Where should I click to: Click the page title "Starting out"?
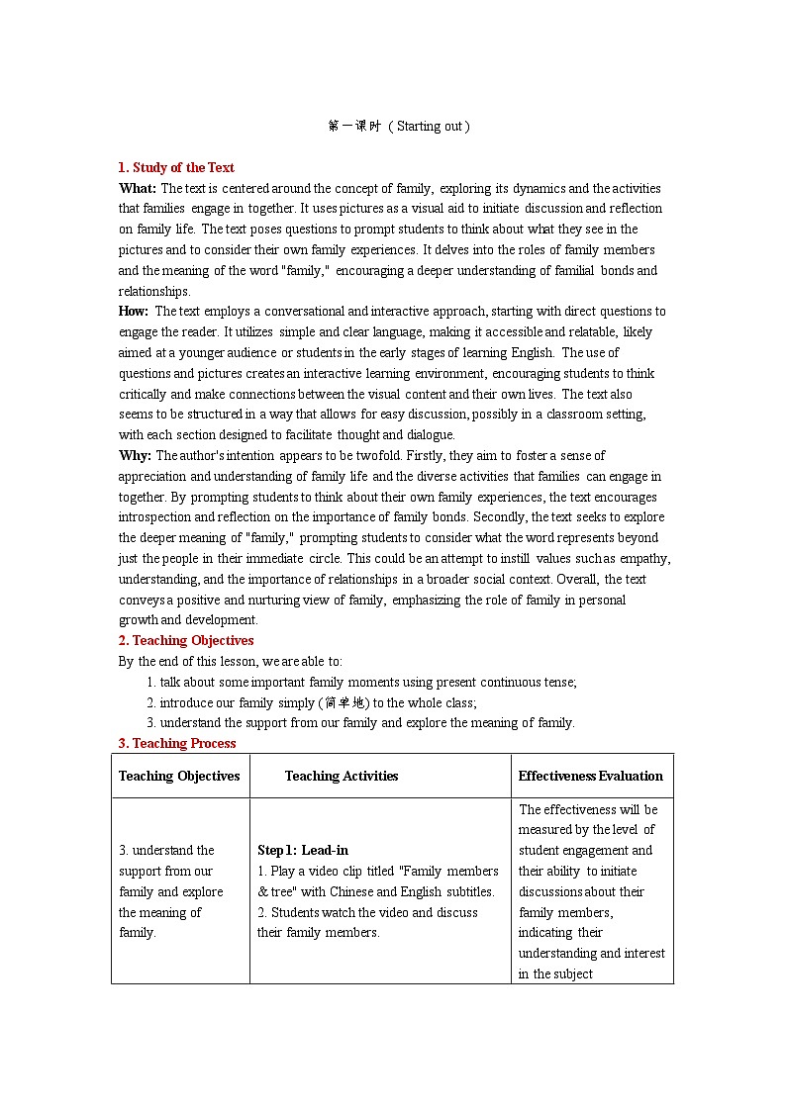point(432,127)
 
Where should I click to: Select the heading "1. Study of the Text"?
point(176,167)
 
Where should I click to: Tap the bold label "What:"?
point(138,188)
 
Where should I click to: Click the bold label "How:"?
point(134,311)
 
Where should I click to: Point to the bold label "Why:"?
point(136,455)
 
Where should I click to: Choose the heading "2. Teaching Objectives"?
point(186,640)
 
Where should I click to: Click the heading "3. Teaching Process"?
point(177,743)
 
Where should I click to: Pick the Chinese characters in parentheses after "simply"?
point(344,702)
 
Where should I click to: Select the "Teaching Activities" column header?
point(342,776)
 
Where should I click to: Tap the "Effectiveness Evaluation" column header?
point(591,776)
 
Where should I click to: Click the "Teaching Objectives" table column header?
point(179,776)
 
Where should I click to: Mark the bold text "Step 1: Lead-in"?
point(303,850)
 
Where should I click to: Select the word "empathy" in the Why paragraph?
point(643,558)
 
